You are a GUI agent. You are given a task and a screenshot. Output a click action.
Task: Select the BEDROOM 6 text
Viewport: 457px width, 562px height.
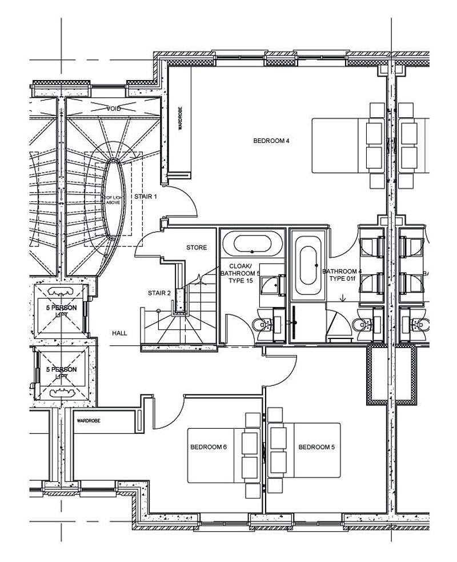(209, 447)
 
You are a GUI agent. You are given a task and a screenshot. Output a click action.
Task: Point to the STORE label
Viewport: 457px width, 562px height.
(197, 248)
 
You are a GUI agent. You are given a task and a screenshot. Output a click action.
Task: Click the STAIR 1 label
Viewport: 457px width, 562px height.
(146, 196)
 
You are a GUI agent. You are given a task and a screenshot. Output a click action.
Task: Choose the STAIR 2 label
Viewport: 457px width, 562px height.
(159, 293)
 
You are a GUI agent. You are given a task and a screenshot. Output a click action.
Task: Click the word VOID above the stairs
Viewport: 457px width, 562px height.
(114, 108)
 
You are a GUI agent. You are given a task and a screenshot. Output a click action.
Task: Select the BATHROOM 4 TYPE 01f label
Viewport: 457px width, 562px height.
(342, 276)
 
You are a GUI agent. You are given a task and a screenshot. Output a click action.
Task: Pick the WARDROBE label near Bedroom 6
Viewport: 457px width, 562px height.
(89, 421)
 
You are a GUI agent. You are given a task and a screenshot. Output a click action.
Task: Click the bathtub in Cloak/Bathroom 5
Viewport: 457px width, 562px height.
(252, 244)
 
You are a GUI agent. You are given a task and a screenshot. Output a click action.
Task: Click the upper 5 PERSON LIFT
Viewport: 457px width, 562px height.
(61, 309)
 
